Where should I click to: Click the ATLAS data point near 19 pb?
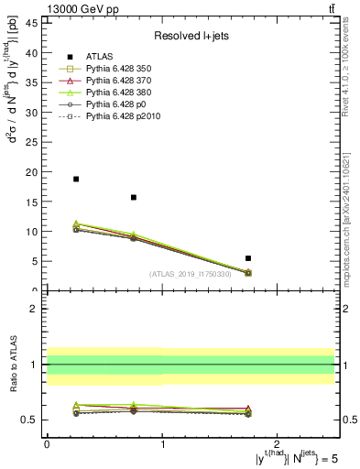click(76, 179)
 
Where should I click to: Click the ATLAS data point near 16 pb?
click(134, 197)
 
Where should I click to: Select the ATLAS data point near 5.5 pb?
click(248, 258)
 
